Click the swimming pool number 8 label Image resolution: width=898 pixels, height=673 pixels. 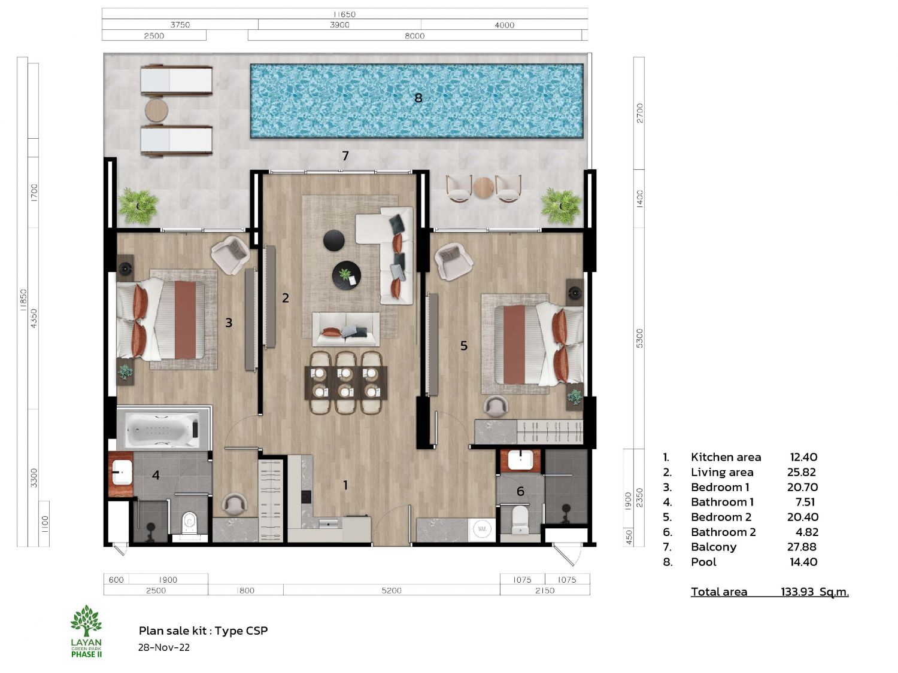418,98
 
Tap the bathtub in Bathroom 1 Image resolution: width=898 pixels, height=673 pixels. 163,429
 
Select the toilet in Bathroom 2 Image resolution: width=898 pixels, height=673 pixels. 520,520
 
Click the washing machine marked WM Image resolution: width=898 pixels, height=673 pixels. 482,529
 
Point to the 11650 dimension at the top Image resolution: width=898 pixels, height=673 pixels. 344,14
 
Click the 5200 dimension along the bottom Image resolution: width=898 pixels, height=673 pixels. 392,590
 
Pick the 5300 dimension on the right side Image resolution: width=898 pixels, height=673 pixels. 639,339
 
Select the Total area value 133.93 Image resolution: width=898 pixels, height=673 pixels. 797,592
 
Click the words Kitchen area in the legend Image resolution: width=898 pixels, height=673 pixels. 726,457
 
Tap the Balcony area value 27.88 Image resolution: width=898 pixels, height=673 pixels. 802,547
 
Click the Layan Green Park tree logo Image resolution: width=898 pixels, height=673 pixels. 86,620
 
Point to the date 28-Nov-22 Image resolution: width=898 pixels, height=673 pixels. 163,647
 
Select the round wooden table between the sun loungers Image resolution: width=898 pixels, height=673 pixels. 156,109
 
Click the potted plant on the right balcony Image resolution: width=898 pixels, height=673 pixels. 561,206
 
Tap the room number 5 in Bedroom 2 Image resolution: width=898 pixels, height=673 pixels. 463,346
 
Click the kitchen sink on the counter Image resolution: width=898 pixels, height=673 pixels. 329,523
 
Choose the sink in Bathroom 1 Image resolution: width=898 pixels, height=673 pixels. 122,473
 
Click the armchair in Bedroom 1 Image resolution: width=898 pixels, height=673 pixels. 230,255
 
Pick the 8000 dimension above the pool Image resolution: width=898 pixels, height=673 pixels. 414,36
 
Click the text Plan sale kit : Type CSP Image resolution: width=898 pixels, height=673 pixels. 204,631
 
